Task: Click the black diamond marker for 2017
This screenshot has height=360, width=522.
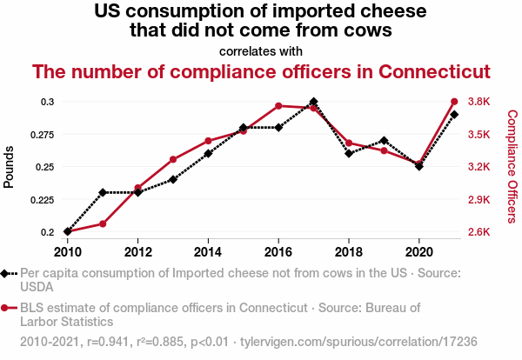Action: point(313,102)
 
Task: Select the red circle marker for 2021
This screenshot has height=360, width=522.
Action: point(454,102)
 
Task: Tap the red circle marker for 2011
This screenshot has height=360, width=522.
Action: point(103,223)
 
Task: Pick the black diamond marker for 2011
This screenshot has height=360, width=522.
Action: point(103,192)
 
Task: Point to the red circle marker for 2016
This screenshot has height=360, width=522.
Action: point(278,106)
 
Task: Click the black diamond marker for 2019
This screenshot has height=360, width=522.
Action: point(384,140)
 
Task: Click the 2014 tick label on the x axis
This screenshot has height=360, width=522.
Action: point(208,252)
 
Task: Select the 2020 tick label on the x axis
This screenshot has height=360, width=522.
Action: point(419,252)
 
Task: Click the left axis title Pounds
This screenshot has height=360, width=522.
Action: point(10,167)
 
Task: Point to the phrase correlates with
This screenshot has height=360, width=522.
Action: point(261,50)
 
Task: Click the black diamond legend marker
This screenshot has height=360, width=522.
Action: point(6,273)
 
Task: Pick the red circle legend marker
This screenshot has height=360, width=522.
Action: point(6,308)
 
